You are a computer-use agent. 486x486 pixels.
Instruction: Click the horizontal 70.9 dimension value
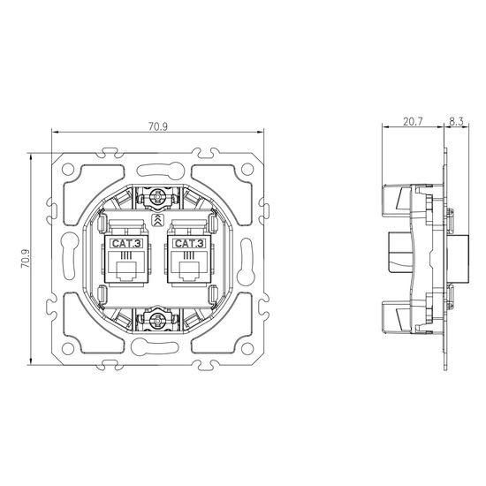click(x=158, y=126)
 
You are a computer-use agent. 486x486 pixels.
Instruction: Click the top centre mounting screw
click(x=157, y=197)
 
